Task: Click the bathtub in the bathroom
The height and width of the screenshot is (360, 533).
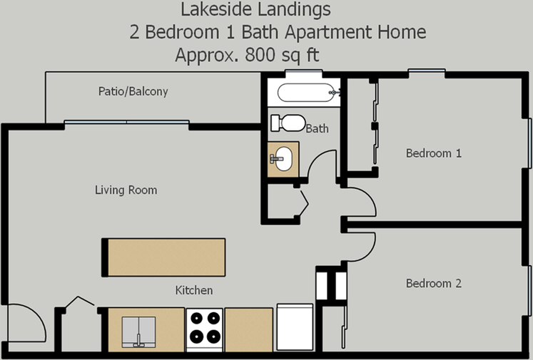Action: (x=306, y=93)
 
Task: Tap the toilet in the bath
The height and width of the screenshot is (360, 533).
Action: (x=288, y=123)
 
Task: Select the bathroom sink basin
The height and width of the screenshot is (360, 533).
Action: (x=283, y=158)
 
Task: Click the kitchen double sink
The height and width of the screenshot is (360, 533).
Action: (x=138, y=331)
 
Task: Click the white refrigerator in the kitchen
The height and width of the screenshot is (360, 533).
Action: (x=295, y=326)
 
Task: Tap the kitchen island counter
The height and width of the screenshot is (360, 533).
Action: (x=163, y=257)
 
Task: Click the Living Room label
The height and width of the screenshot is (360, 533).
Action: (x=126, y=190)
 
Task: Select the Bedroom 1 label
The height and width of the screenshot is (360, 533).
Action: (x=434, y=153)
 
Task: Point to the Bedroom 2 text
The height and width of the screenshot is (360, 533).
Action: (x=434, y=283)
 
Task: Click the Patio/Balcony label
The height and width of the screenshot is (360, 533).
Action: (x=133, y=91)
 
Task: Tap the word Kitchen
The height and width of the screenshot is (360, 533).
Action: (x=194, y=290)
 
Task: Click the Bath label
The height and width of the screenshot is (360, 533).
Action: (x=317, y=129)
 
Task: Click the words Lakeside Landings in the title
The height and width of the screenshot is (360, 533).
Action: (x=255, y=9)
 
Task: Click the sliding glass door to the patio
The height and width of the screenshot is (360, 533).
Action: (x=126, y=122)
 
